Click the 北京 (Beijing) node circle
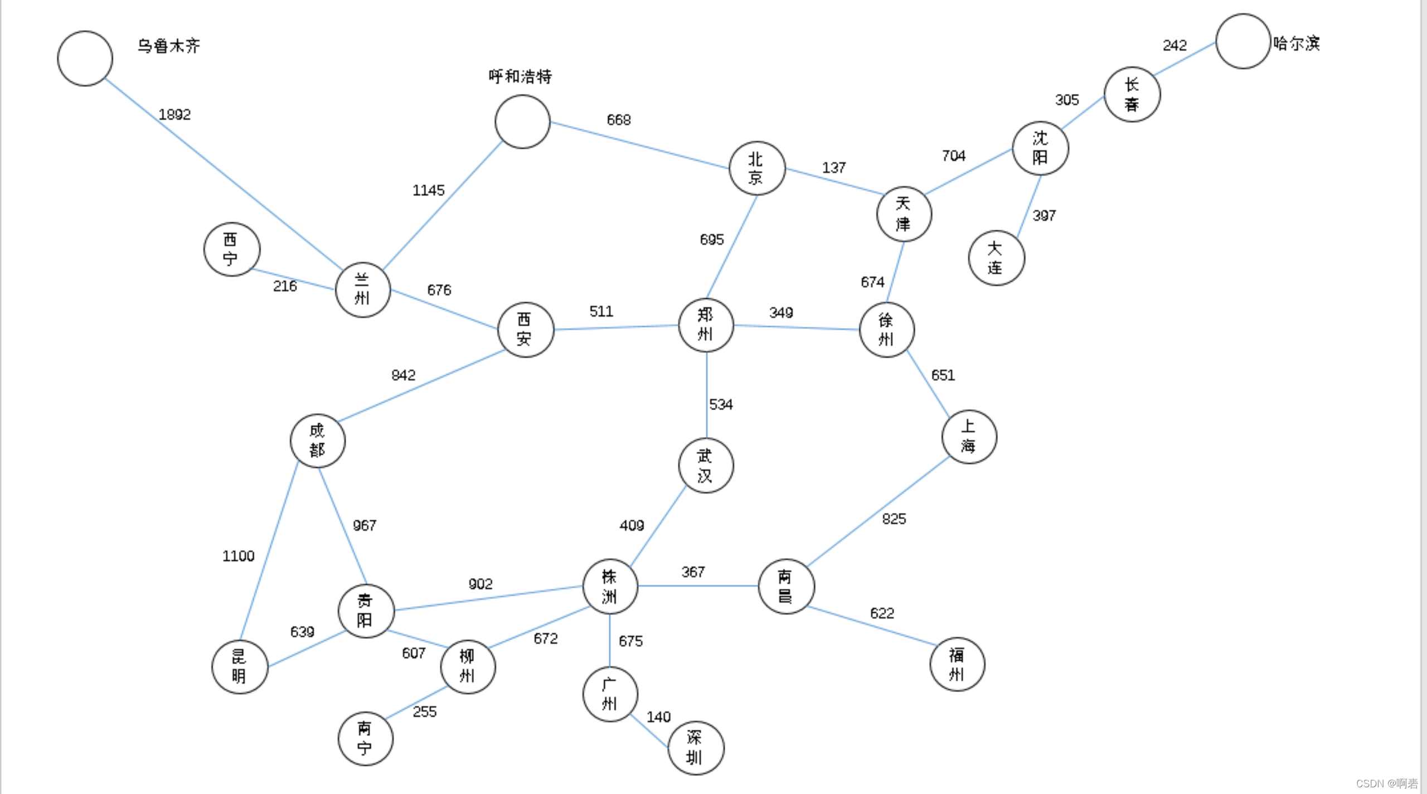point(757,168)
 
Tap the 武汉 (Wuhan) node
point(706,466)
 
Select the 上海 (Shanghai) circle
point(969,437)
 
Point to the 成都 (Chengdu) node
point(318,440)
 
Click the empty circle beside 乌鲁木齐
point(85,59)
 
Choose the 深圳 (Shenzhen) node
point(696,748)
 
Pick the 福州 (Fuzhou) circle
point(957,664)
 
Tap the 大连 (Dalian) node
point(996,258)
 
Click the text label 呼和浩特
point(520,76)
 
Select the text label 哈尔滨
point(1296,43)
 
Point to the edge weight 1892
point(174,114)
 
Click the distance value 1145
point(428,191)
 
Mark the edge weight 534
point(721,404)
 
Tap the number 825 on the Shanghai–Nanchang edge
point(894,519)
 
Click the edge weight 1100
point(238,556)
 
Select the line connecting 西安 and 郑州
point(616,327)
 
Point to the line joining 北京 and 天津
point(834,181)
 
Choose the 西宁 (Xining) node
point(231,249)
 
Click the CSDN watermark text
point(1387,783)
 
